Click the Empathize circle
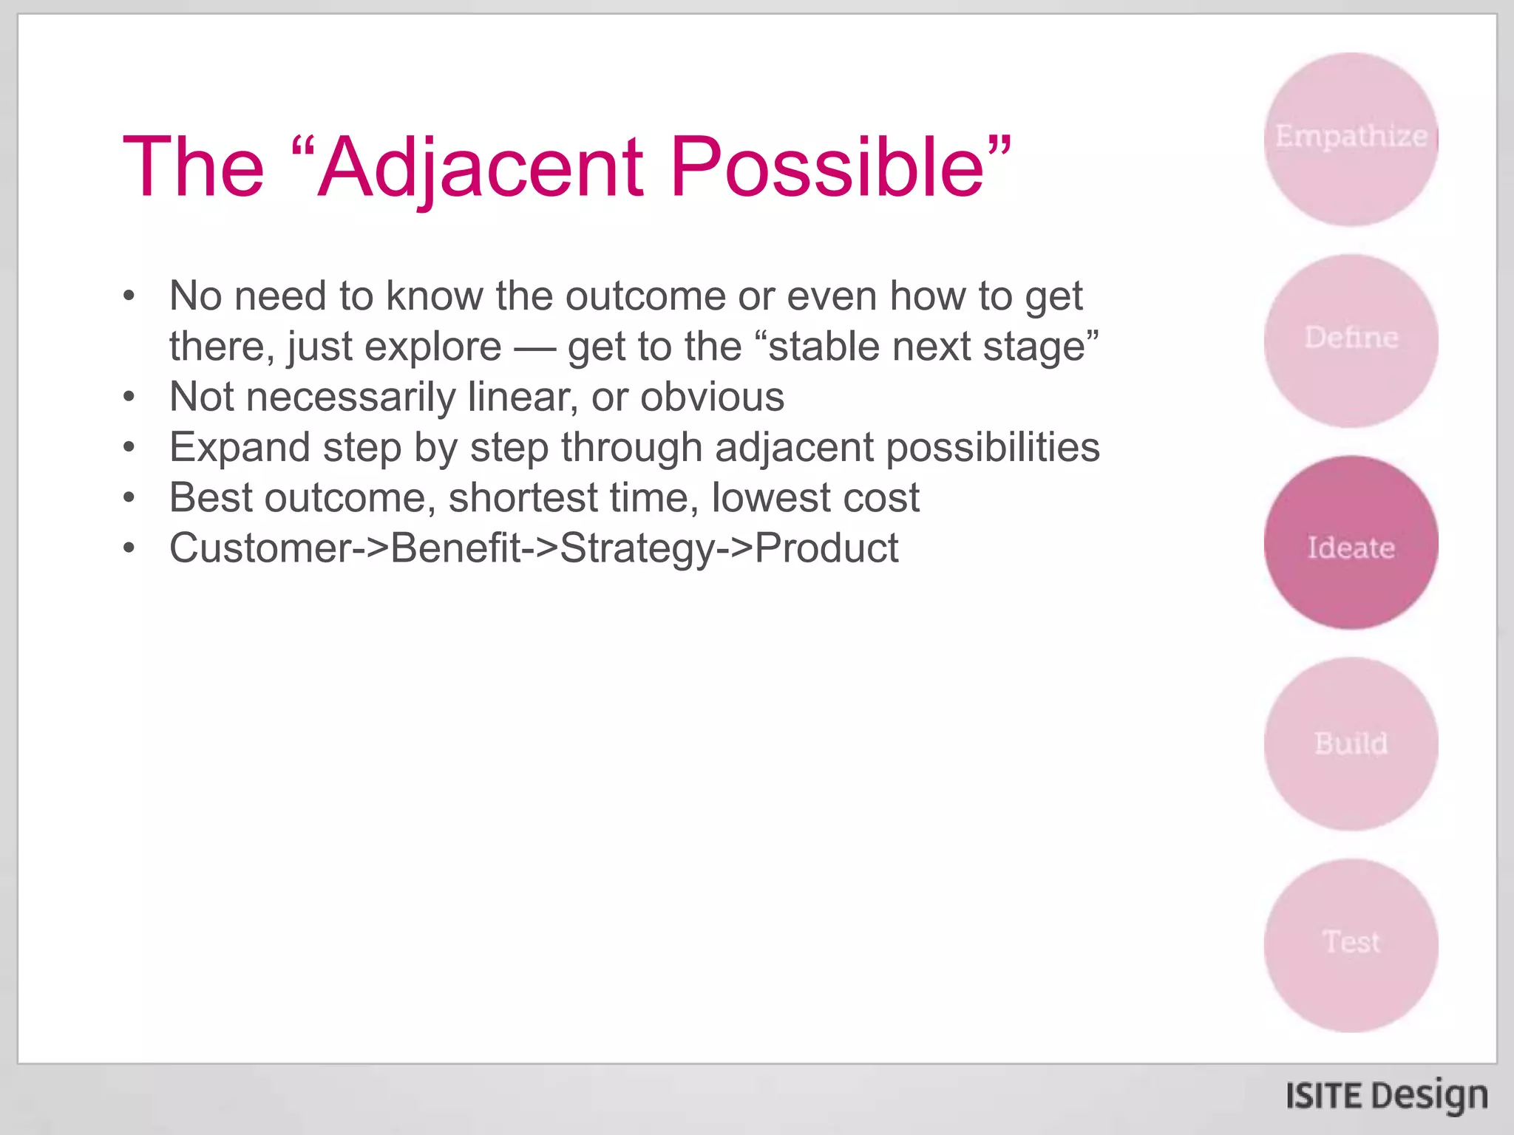(x=1351, y=139)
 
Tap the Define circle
(x=1351, y=341)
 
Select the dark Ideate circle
(x=1351, y=543)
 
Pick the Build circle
(x=1351, y=744)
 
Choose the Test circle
(x=1351, y=945)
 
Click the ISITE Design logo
(x=1386, y=1097)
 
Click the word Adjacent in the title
(x=481, y=168)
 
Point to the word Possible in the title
(x=828, y=168)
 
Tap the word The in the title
(x=193, y=168)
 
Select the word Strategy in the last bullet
(x=638, y=548)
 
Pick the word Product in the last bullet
(x=826, y=548)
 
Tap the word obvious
(x=712, y=397)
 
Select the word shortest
(x=523, y=498)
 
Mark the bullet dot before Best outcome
(x=129, y=498)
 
